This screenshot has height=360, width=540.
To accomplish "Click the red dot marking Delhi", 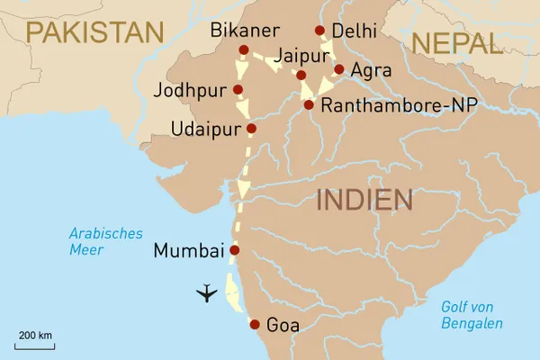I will pos(319,31).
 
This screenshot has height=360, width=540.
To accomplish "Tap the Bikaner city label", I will pos(246,31).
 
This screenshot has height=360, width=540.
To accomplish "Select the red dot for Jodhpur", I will pos(238,89).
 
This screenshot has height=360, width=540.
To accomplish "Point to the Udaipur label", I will pos(206,130).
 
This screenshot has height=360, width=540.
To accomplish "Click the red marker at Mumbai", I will pos(235,250).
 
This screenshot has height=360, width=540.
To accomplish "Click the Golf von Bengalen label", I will pos(472,315).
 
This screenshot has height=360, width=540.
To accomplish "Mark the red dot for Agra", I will pos(338,68).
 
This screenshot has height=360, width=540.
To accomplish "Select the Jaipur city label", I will pos(304,55).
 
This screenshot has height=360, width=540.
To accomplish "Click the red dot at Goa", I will pos(255,325).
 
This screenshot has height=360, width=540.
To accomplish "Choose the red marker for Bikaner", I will pos(243,49).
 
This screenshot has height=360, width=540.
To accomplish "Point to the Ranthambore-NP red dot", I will pos(309,104).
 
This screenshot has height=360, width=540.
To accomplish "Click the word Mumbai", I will pos(188,251).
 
